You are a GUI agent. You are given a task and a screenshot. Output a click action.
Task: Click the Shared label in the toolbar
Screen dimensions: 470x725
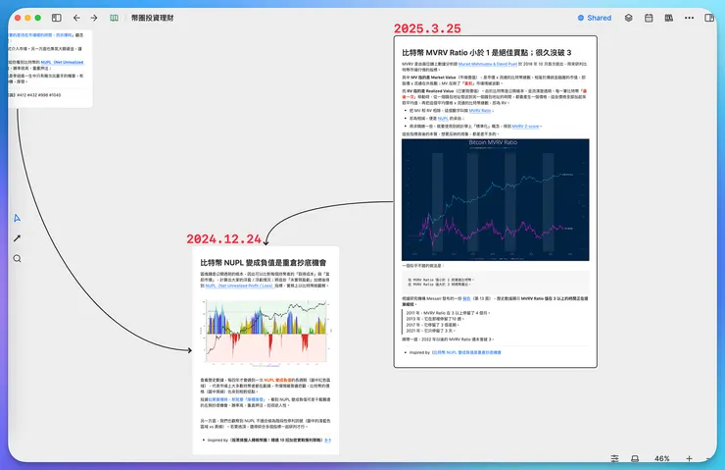[x=599, y=18]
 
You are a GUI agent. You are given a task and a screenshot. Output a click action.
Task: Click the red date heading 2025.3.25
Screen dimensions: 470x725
[x=433, y=29]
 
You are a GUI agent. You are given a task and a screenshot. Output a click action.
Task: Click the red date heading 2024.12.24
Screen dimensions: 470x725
[x=225, y=238]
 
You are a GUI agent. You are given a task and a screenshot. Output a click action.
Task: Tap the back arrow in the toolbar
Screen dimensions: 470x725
[x=76, y=18]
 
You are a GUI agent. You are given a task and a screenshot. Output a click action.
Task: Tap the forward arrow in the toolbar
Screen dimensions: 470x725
[x=93, y=18]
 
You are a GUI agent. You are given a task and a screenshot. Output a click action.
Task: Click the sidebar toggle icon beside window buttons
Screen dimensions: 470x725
[x=56, y=18]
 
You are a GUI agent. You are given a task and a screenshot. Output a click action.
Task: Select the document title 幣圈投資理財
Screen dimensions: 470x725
[x=151, y=18]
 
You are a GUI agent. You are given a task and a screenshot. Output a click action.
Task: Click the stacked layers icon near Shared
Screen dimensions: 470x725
[x=629, y=18]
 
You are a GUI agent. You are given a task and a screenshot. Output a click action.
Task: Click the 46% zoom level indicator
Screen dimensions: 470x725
[x=662, y=458]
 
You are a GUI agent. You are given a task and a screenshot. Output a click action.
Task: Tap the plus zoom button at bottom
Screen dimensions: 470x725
[x=689, y=458]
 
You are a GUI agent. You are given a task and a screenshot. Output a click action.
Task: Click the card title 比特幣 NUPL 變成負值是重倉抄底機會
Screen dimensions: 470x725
[x=264, y=264]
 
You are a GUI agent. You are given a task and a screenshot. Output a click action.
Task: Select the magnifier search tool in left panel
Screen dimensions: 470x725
[x=17, y=258]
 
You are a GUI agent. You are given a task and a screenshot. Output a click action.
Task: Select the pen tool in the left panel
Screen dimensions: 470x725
[x=17, y=238]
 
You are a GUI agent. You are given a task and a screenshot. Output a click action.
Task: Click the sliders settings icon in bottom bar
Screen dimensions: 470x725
[x=614, y=458]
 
